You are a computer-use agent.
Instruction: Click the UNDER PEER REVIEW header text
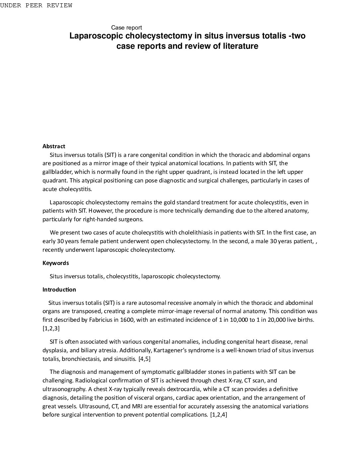[36, 5]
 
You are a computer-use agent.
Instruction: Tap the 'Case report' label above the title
[126, 28]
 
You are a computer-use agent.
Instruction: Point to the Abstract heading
[54, 146]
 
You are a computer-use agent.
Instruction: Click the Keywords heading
[56, 263]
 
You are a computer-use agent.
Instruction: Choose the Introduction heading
[59, 290]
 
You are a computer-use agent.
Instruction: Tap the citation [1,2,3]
[51, 328]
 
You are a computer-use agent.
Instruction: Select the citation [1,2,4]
[219, 415]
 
